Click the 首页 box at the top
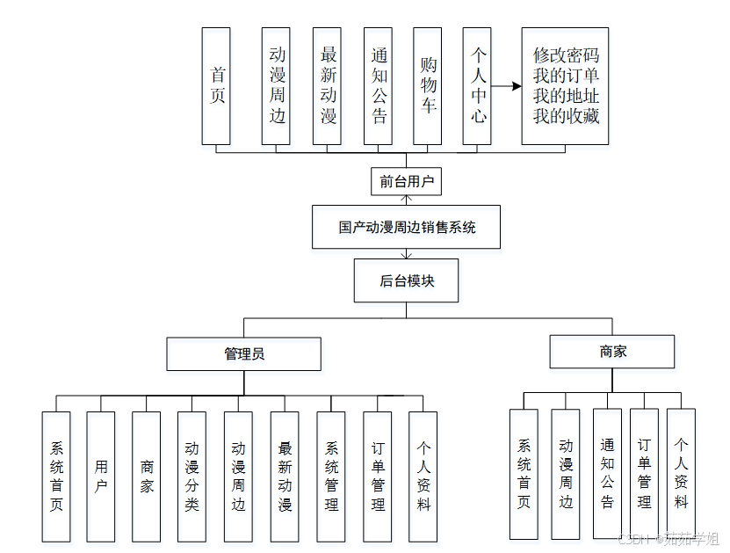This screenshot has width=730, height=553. [x=216, y=86]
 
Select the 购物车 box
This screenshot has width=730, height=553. [x=428, y=86]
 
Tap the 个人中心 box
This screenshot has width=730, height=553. [x=477, y=86]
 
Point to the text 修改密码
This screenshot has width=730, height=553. [x=566, y=55]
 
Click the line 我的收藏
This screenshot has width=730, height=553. [x=566, y=116]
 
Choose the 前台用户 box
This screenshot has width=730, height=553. [x=406, y=182]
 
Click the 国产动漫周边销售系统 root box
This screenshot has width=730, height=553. [x=406, y=227]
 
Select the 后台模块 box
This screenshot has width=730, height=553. [x=406, y=280]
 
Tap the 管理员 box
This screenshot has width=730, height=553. [x=244, y=353]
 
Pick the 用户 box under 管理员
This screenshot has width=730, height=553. [x=101, y=476]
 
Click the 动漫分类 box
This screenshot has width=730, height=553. [x=192, y=476]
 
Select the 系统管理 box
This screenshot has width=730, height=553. [x=331, y=476]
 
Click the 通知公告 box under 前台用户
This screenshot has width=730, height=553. [x=378, y=86]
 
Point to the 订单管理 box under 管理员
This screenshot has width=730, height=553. [x=378, y=476]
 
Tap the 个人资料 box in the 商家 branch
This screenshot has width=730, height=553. [x=681, y=473]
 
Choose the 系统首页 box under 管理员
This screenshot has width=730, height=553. [x=56, y=476]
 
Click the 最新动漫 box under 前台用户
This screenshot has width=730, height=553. [x=327, y=86]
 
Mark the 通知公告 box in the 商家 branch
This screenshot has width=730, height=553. [x=607, y=473]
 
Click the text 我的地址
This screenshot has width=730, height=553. [x=566, y=96]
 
